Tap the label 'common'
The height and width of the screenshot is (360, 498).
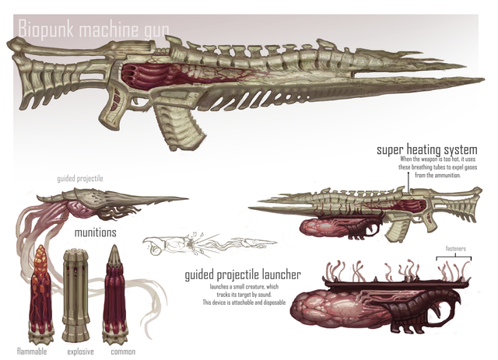(121, 351)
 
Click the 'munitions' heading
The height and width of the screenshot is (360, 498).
(95, 232)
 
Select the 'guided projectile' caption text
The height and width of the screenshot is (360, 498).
(79, 178)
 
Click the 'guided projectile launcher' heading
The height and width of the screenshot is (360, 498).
(243, 274)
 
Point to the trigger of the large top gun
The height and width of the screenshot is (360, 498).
(145, 102)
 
